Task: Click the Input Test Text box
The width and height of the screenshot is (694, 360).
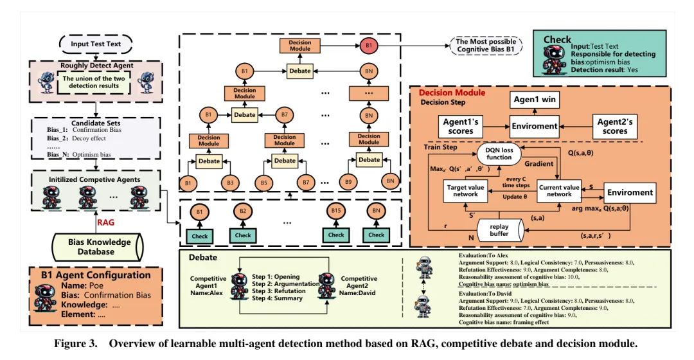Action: pyautogui.click(x=96, y=44)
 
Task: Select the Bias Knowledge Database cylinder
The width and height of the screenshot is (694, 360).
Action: pyautogui.click(x=99, y=246)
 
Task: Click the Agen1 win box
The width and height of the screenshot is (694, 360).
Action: pyautogui.click(x=535, y=100)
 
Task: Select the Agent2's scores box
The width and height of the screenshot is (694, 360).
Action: pyautogui.click(x=612, y=126)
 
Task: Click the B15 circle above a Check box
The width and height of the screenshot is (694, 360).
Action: pyautogui.click(x=335, y=211)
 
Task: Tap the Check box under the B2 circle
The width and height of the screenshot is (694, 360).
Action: pyautogui.click(x=243, y=235)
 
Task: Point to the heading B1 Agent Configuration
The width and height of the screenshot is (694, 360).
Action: pyautogui.click(x=96, y=274)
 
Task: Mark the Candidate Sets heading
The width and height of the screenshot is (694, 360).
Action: pyautogui.click(x=95, y=122)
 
